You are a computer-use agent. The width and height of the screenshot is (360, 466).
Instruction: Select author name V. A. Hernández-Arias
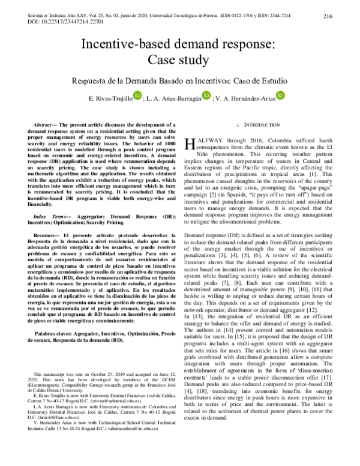(x=249, y=98)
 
